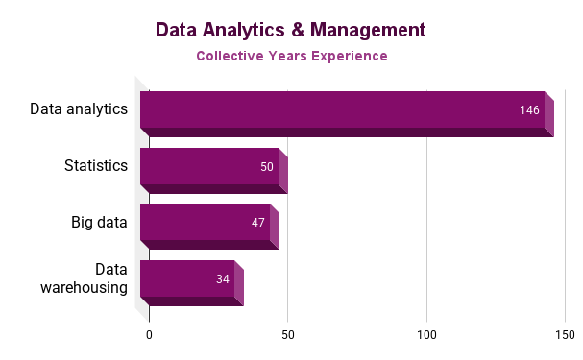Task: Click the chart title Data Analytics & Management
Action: point(291,30)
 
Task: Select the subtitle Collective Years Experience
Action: point(291,56)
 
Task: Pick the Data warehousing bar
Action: point(187,279)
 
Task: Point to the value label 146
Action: point(529,110)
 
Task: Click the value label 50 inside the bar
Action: point(267,167)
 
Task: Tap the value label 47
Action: point(258,223)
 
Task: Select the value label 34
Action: point(223,279)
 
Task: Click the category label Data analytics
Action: point(79,108)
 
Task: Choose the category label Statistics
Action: point(96,165)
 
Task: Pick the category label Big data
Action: point(99,222)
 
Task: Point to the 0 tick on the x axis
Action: point(149,334)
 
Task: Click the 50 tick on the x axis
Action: point(287,334)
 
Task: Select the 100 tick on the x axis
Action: point(426,334)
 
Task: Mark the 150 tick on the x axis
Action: point(565,334)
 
